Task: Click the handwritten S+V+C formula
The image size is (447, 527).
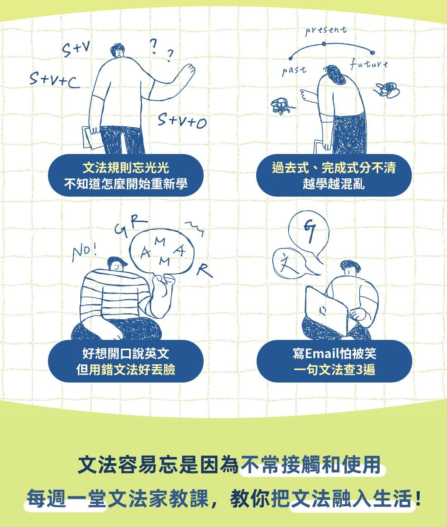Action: [55, 80]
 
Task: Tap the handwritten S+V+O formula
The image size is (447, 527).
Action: [182, 120]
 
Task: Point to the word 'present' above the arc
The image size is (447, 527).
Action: [326, 31]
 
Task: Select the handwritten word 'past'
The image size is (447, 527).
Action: [294, 71]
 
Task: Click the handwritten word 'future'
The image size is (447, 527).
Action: [369, 64]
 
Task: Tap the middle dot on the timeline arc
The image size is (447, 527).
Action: [324, 44]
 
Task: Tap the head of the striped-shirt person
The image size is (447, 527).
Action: [117, 264]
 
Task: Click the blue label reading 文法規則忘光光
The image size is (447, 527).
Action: [126, 176]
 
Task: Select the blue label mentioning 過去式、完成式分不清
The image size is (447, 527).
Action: [334, 176]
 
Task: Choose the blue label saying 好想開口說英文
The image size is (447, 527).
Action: [126, 361]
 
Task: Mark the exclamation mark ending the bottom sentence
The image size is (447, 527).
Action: [418, 498]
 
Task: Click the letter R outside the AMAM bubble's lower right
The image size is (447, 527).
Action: [204, 270]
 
